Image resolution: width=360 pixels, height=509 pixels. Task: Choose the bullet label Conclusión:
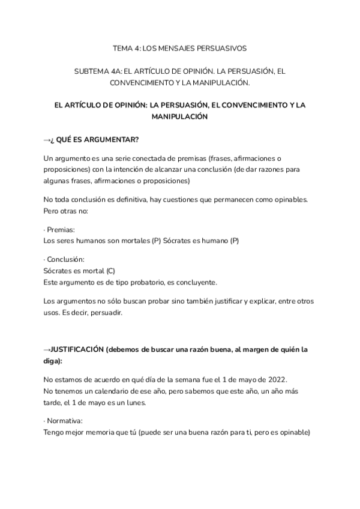point(65,259)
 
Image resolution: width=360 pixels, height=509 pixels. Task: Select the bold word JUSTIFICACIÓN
point(77,349)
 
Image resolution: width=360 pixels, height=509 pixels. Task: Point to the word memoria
point(99,432)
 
